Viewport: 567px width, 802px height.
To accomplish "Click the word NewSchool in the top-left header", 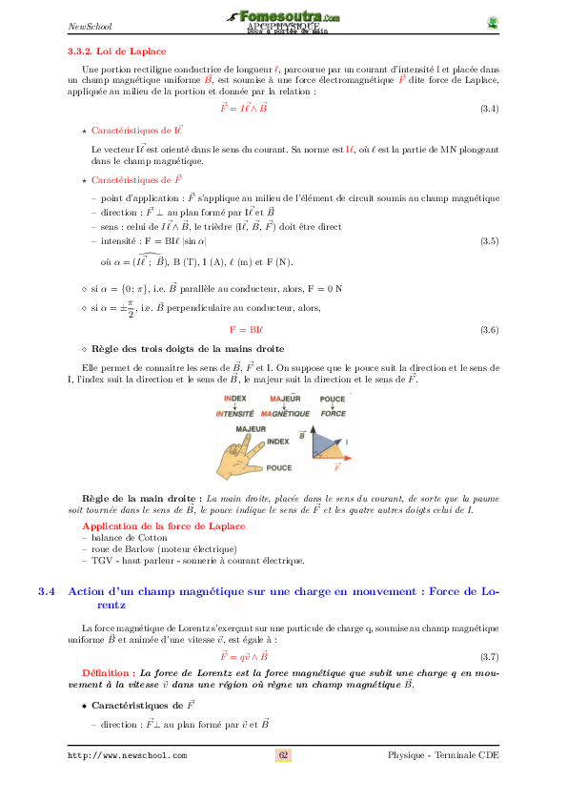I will point(89,26).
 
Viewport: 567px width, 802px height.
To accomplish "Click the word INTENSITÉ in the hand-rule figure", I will point(234,414).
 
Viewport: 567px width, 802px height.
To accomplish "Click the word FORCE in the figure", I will point(334,414).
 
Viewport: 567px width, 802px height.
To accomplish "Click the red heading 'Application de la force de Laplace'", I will point(150,526).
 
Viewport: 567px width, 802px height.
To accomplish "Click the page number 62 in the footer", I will point(283,755).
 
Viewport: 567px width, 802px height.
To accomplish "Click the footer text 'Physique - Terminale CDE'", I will point(443,756).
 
